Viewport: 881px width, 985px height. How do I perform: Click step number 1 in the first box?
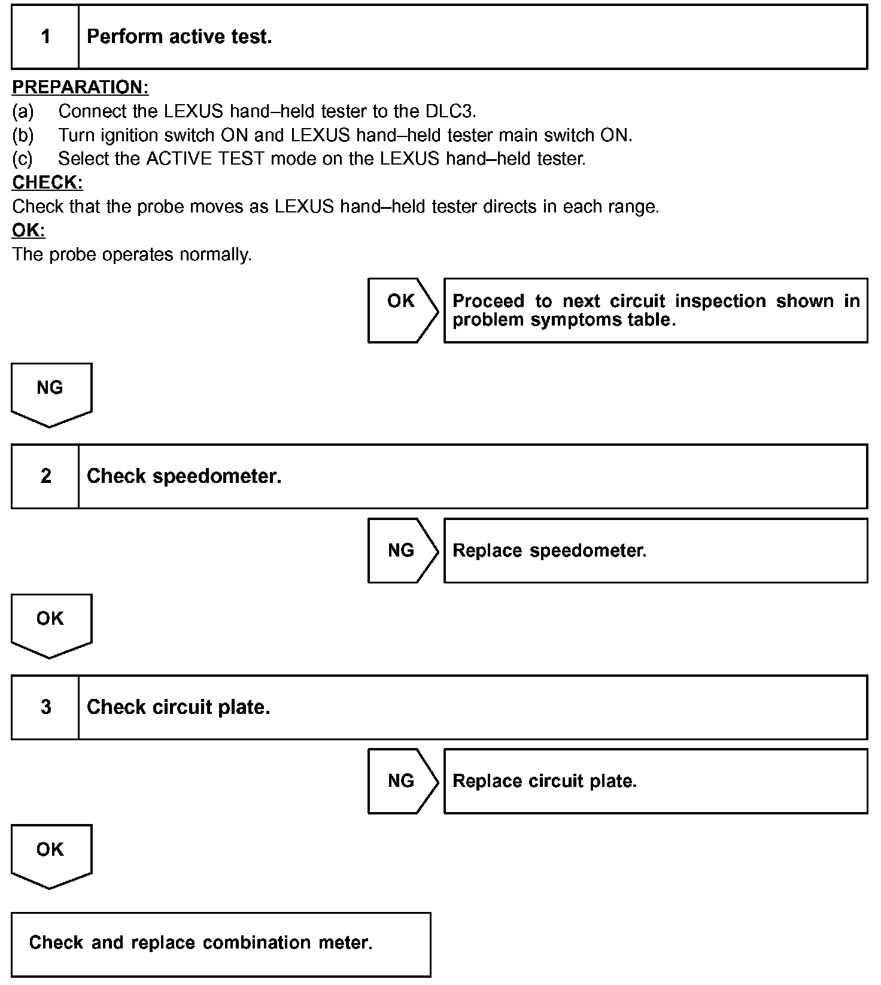pyautogui.click(x=45, y=37)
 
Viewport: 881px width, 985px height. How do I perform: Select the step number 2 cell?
pyautogui.click(x=45, y=476)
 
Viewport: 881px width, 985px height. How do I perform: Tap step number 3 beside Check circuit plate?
pyautogui.click(x=45, y=707)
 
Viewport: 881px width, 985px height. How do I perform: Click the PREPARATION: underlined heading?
pyautogui.click(x=80, y=87)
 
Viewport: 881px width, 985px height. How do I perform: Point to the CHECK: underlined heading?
pyautogui.click(x=47, y=183)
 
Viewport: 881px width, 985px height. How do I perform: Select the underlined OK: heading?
pyautogui.click(x=29, y=230)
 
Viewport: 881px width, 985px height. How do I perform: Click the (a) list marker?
pyautogui.click(x=23, y=111)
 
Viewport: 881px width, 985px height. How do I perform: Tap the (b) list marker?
pyautogui.click(x=23, y=135)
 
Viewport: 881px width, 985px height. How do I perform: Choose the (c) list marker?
pyautogui.click(x=23, y=159)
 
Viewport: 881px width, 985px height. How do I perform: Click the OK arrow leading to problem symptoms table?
pyautogui.click(x=402, y=310)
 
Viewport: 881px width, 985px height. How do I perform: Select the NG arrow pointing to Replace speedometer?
pyautogui.click(x=402, y=551)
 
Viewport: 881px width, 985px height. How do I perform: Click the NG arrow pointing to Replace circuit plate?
pyautogui.click(x=402, y=781)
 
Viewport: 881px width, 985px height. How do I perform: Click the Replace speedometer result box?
pyautogui.click(x=655, y=551)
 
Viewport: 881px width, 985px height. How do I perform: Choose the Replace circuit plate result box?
pyautogui.click(x=655, y=781)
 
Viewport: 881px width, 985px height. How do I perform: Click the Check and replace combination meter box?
pyautogui.click(x=221, y=944)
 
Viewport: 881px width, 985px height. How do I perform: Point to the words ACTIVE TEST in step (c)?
pyautogui.click(x=205, y=159)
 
